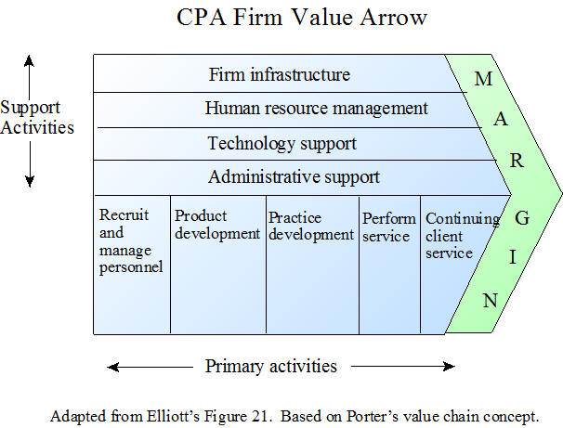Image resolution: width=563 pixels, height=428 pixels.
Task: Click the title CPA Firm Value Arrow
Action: [x=302, y=18]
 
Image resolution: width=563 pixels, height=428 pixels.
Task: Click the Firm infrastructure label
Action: [x=280, y=74]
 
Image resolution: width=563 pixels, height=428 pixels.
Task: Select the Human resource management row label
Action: [x=316, y=109]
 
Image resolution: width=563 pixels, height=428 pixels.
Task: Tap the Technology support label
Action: [x=281, y=144]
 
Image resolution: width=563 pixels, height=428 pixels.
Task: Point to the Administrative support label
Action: [x=294, y=177]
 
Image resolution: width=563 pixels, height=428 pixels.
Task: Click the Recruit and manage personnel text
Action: [x=131, y=241]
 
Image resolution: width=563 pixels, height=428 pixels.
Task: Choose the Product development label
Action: [x=216, y=225]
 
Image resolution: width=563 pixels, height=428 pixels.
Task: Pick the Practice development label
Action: [x=311, y=227]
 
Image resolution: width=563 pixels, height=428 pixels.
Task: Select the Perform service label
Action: [x=389, y=227]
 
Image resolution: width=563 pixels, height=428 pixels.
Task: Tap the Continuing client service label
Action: [x=463, y=236]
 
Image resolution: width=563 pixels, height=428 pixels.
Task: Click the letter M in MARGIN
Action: [x=483, y=79]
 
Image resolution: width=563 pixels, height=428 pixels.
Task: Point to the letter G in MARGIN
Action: [x=522, y=218]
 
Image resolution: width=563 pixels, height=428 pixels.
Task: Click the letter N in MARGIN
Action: [x=491, y=301]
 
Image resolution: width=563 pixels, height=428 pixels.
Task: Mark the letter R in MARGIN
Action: [x=517, y=161]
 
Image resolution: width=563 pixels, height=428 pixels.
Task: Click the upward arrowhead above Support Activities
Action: [x=30, y=60]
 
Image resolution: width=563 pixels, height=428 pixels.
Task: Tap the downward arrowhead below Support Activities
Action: [x=30, y=182]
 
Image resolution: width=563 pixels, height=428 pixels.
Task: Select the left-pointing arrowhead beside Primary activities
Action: [x=112, y=367]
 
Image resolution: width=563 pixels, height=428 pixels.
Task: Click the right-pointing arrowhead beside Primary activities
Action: [x=449, y=367]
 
